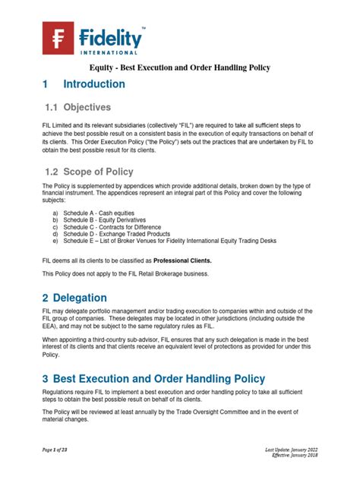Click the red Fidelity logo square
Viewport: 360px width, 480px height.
(58, 38)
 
